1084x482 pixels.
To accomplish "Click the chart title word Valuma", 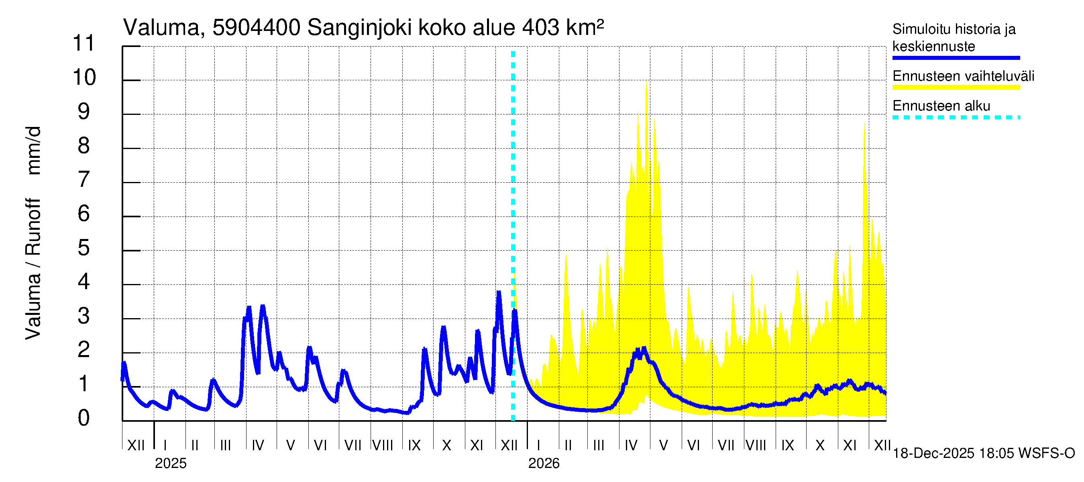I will click(161, 28).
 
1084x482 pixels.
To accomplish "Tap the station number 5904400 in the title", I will click(256, 28).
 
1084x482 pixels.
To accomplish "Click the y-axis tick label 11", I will click(84, 43).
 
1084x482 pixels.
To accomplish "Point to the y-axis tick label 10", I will click(84, 78).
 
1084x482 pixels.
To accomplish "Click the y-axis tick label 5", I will click(84, 248).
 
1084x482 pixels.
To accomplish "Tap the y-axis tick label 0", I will click(84, 418).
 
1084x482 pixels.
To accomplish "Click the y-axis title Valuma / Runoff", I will click(33, 270).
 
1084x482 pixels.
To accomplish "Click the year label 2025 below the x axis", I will click(170, 464).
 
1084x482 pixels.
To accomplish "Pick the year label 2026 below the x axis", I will click(544, 464).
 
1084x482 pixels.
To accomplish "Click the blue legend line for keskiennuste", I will click(956, 58).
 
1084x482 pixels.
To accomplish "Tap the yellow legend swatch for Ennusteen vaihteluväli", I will click(956, 88).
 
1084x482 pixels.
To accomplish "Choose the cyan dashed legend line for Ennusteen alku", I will click(956, 117).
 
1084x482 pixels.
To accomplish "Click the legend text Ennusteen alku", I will click(941, 106).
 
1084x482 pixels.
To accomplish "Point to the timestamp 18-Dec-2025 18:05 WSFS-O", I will click(983, 453).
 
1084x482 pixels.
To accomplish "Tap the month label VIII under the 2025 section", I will click(383, 445).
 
